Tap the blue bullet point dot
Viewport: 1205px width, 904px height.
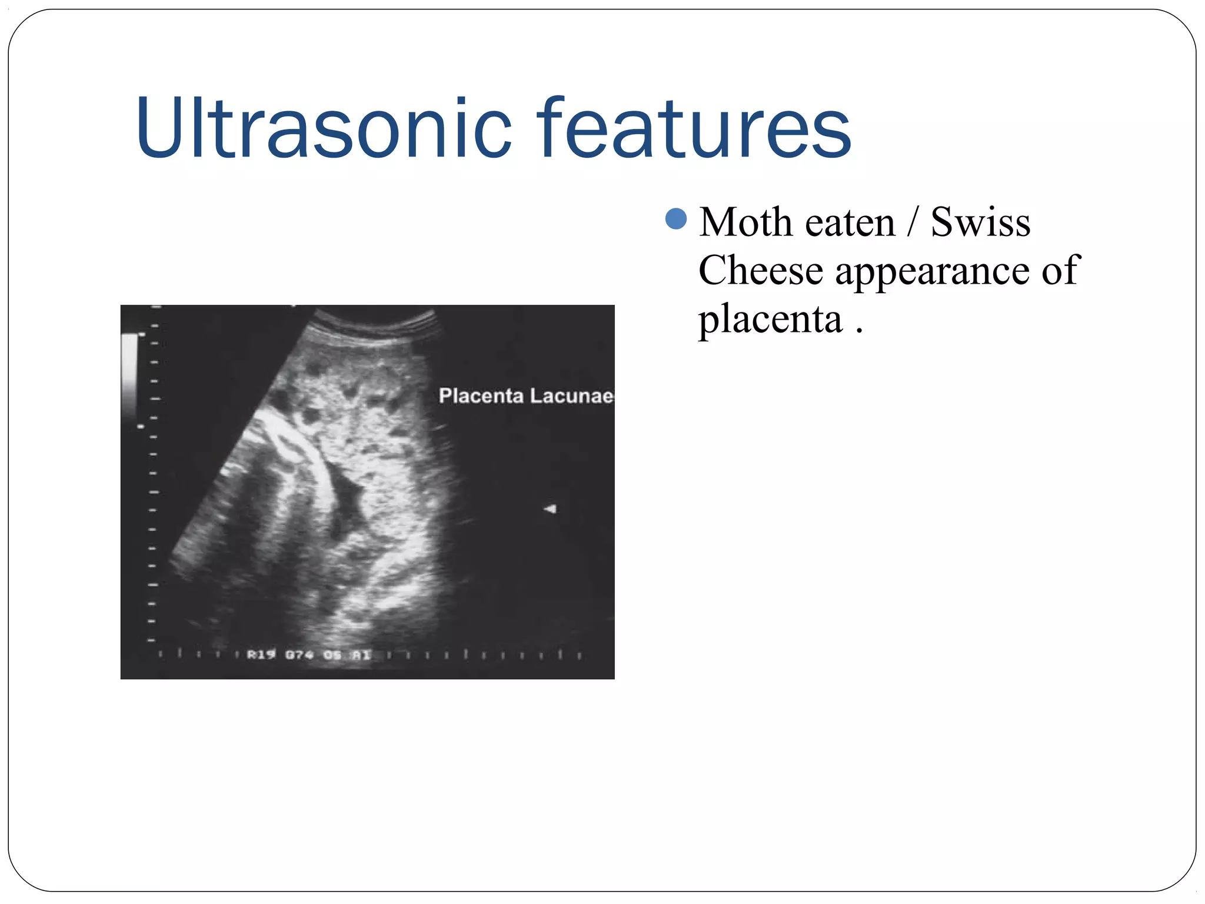[676, 219]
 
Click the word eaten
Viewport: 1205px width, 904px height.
[850, 224]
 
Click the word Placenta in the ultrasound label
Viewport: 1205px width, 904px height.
[481, 396]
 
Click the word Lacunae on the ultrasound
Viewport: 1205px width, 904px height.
[571, 396]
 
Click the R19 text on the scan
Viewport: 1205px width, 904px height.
[261, 654]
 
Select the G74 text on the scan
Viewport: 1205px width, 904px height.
[299, 654]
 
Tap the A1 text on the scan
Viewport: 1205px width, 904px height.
[362, 654]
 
